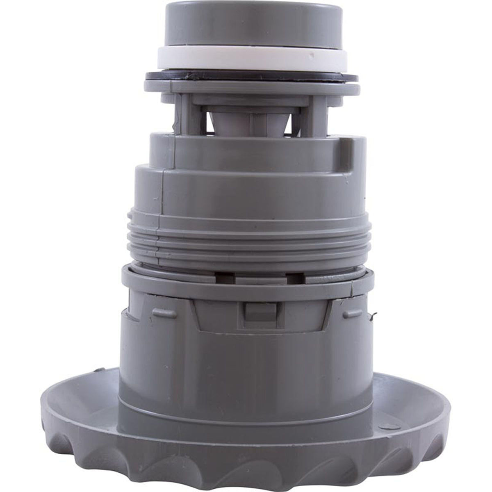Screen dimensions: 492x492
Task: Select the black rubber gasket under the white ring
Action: click(x=246, y=75)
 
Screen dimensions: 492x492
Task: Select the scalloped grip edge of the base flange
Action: click(x=246, y=459)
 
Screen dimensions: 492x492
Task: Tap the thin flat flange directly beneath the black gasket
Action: click(x=246, y=87)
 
